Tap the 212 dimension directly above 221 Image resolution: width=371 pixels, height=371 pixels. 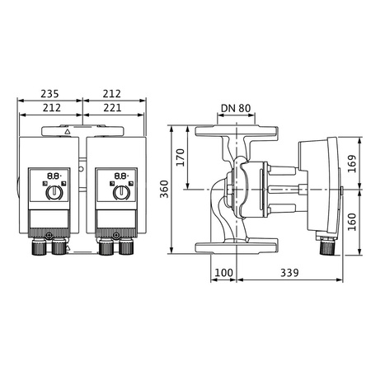click(116, 94)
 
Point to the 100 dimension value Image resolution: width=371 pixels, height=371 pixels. click(223, 272)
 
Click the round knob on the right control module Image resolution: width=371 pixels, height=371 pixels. click(120, 193)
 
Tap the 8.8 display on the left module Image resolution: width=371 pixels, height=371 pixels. click(51, 176)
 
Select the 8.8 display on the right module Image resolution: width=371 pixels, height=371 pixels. click(120, 176)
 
